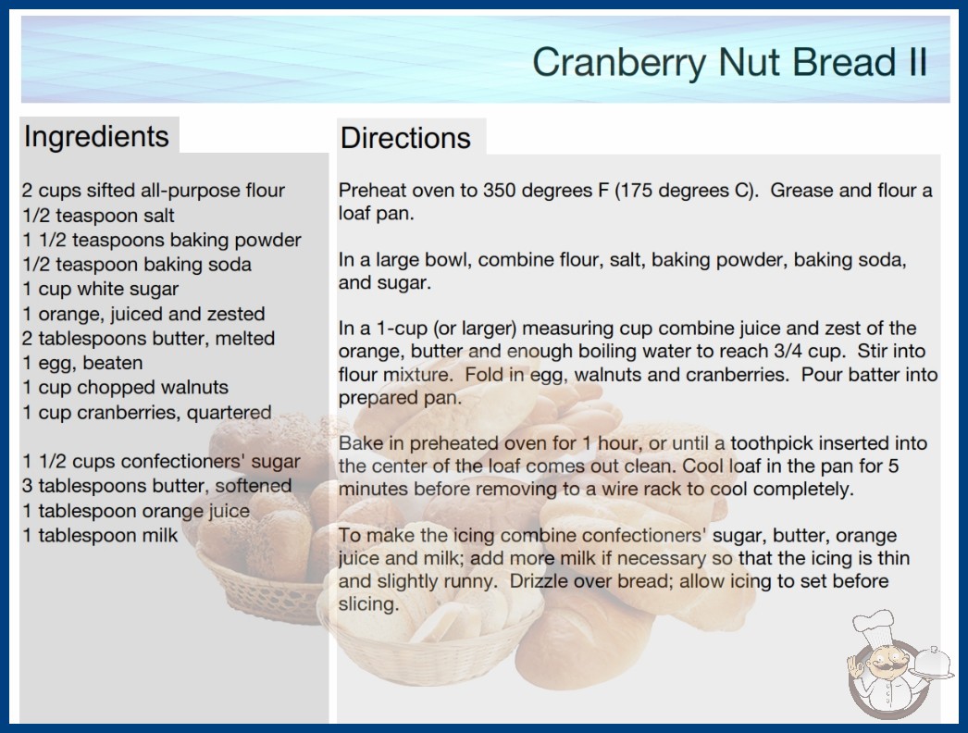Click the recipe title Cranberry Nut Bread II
click(x=730, y=62)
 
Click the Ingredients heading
click(x=96, y=137)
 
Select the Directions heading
click(x=405, y=138)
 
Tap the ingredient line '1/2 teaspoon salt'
click(x=99, y=215)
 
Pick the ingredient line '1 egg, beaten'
click(x=82, y=363)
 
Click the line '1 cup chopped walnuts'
click(x=125, y=387)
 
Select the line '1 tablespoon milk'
click(x=100, y=535)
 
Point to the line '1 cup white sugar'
click(x=101, y=289)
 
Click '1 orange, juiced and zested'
click(x=143, y=314)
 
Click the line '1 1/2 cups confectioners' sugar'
click(x=161, y=461)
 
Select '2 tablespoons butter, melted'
click(x=149, y=339)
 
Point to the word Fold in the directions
click(x=483, y=374)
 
